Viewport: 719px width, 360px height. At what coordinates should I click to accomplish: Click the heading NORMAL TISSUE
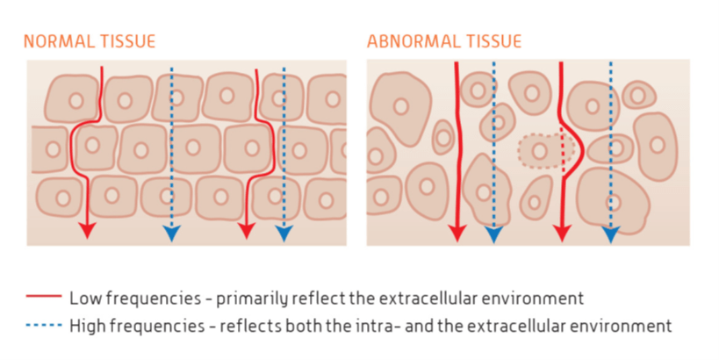pyautogui.click(x=90, y=41)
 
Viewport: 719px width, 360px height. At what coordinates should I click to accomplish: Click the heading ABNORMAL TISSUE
pyautogui.click(x=444, y=41)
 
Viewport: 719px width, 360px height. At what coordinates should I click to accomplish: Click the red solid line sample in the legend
pyautogui.click(x=44, y=296)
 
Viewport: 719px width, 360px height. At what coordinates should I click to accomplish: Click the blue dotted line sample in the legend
pyautogui.click(x=44, y=325)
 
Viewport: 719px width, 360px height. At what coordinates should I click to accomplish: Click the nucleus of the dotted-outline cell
pyautogui.click(x=539, y=150)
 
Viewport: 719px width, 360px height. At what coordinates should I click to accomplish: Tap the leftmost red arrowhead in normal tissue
pyautogui.click(x=87, y=230)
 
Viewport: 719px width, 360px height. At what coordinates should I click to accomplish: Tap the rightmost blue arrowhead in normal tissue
pyautogui.click(x=284, y=233)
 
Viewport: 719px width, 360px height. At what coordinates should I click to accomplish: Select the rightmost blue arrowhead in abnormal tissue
pyautogui.click(x=611, y=234)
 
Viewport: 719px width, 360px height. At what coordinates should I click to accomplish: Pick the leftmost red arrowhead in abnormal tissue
pyautogui.click(x=457, y=234)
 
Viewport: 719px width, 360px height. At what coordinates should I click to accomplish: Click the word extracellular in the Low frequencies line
pyautogui.click(x=428, y=299)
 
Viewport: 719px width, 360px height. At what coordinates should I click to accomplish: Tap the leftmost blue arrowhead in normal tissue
pyautogui.click(x=171, y=233)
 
